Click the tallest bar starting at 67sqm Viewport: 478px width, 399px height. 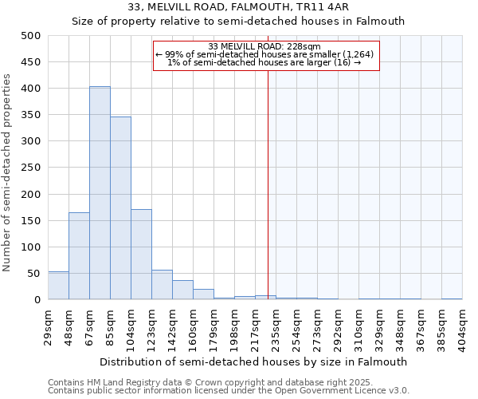pos(100,193)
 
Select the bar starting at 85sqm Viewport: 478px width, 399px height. pos(120,208)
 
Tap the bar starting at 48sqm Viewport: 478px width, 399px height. pos(79,255)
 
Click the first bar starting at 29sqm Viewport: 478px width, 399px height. pos(58,286)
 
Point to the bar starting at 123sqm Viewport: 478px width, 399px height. pos(162,285)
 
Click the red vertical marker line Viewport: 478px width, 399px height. pos(268,184)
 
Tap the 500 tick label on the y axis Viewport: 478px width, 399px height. pos(31,36)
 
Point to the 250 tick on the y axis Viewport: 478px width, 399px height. pos(31,168)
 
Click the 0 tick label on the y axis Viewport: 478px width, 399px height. pos(37,300)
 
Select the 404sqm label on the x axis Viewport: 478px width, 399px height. pos(463,326)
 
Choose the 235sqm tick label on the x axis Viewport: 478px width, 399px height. pos(276,326)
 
